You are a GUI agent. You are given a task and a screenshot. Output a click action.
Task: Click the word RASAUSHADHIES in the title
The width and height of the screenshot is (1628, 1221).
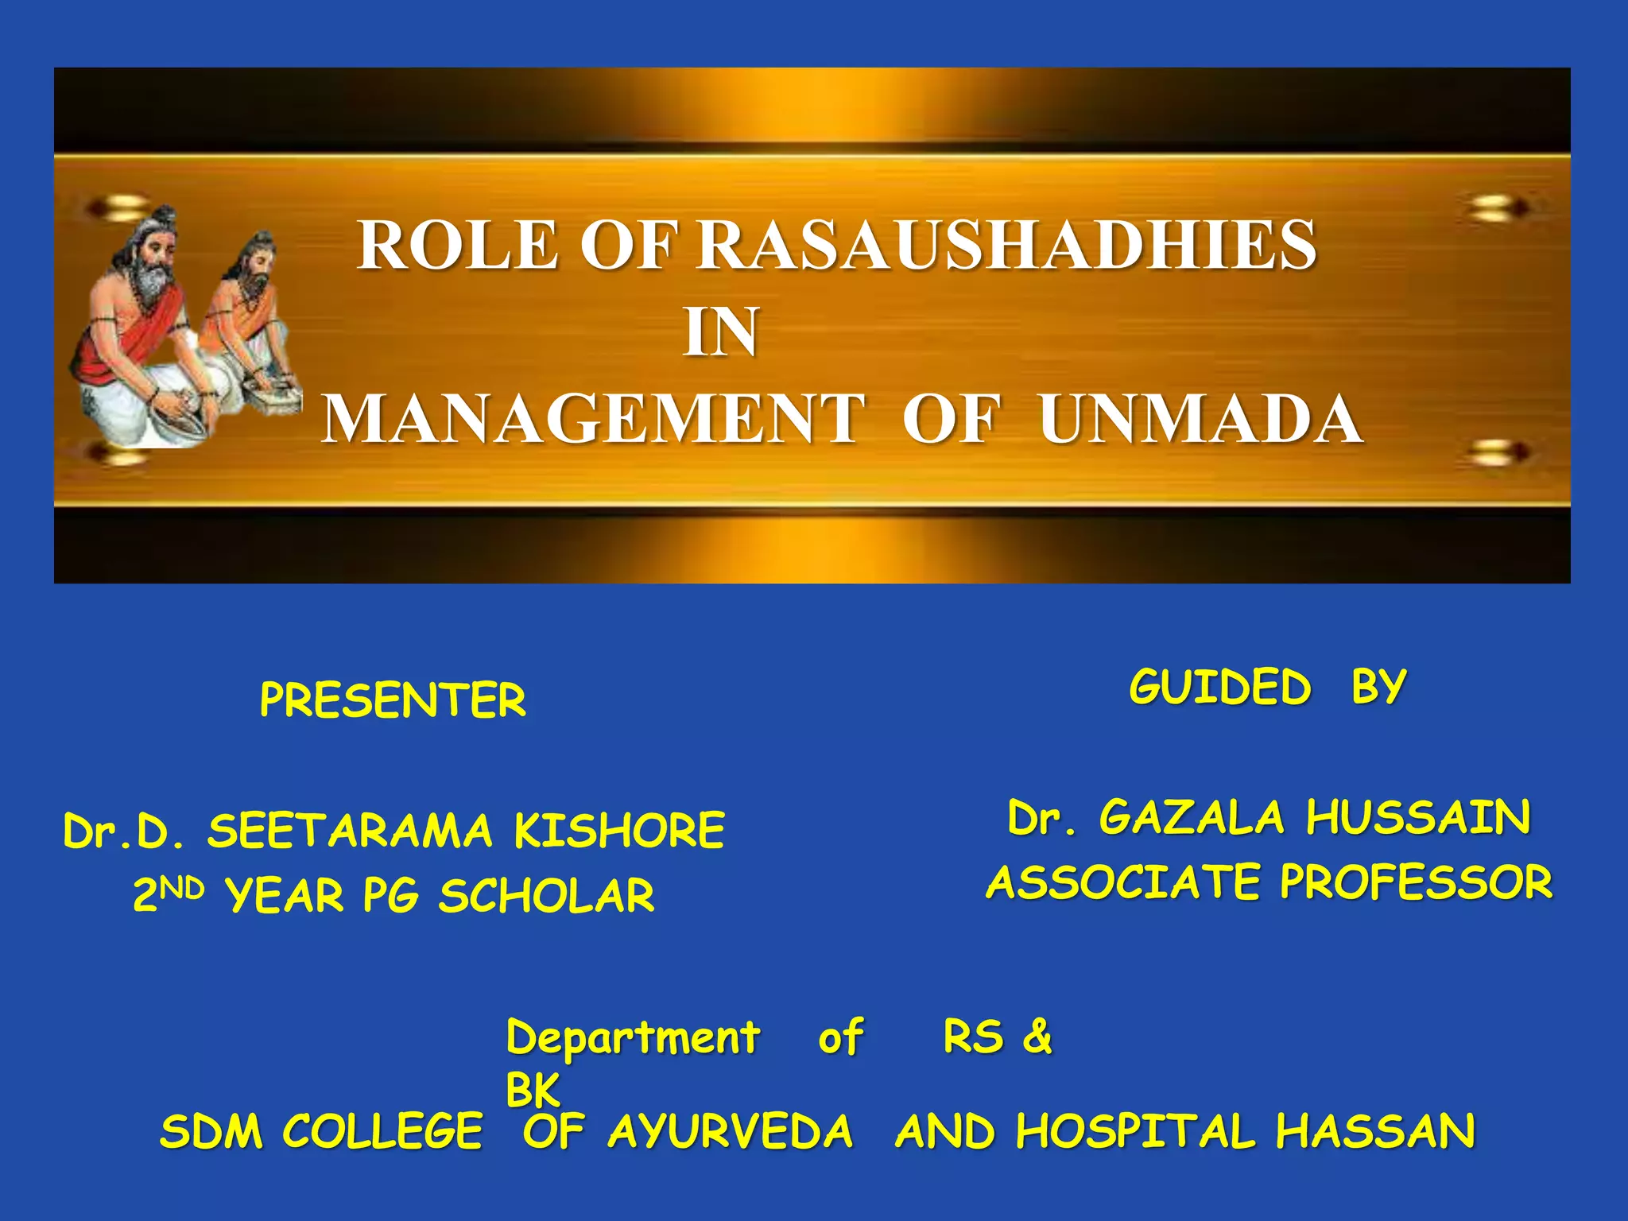1006,246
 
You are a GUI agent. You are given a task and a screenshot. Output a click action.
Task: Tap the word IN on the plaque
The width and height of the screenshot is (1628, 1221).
721,333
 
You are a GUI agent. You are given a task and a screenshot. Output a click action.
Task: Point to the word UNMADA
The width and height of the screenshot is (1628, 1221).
1200,420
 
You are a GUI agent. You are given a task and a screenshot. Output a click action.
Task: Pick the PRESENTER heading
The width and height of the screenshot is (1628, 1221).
393,700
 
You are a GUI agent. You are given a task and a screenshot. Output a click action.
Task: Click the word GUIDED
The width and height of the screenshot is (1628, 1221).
1219,687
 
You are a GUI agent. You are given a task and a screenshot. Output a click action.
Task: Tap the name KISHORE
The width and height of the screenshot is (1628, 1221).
619,831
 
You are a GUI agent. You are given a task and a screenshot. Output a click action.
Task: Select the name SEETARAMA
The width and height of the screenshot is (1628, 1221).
350,831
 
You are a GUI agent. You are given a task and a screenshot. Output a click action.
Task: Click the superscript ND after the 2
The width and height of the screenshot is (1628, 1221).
182,887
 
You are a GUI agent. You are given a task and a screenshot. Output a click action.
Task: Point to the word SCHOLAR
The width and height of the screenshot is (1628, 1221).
547,896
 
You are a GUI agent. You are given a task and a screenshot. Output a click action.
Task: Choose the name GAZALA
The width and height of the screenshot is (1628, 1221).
1191,818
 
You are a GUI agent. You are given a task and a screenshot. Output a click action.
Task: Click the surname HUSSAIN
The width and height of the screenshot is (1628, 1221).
1418,818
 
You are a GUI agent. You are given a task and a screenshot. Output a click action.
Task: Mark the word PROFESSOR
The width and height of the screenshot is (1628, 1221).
1416,882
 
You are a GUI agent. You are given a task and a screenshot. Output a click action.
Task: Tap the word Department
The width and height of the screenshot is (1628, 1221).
633,1038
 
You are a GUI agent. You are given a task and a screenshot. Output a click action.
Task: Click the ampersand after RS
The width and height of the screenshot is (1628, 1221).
1037,1037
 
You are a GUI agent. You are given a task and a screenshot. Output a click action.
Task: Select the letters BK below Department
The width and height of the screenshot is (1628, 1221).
533,1090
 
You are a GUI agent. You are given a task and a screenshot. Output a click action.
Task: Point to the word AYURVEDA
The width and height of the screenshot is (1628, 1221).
730,1131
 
